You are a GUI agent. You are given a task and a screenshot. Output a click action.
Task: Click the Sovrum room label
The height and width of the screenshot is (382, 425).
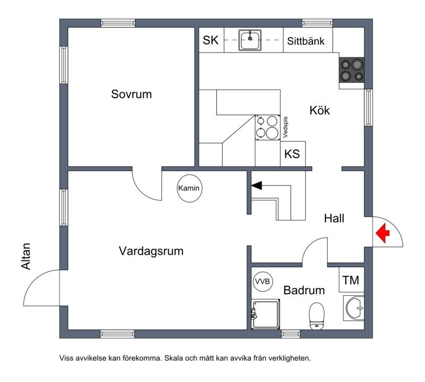pyautogui.click(x=131, y=95)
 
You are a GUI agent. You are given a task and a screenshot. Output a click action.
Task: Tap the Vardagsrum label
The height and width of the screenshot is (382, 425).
pyautogui.click(x=151, y=251)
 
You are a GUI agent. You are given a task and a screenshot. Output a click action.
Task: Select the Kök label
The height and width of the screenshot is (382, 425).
pyautogui.click(x=320, y=111)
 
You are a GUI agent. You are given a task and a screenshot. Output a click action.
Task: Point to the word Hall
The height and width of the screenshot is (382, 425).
pyautogui.click(x=335, y=218)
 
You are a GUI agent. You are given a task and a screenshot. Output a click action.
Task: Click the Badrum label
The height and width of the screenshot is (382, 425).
pyautogui.click(x=304, y=291)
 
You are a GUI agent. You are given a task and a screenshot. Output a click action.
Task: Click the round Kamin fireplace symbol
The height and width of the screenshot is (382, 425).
pyautogui.click(x=190, y=189)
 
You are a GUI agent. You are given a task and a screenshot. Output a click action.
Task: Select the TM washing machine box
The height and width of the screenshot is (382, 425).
pyautogui.click(x=351, y=281)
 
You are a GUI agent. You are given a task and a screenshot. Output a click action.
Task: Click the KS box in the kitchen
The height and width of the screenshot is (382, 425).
pyautogui.click(x=292, y=155)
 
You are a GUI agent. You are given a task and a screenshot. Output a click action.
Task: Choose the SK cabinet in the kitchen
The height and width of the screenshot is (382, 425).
pyautogui.click(x=211, y=41)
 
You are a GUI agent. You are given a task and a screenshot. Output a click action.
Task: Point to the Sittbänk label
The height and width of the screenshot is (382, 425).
pyautogui.click(x=310, y=41)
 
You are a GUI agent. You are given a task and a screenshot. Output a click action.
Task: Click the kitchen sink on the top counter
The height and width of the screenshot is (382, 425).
pyautogui.click(x=249, y=40)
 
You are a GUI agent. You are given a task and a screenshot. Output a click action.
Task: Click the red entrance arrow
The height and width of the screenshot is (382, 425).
pyautogui.click(x=382, y=233)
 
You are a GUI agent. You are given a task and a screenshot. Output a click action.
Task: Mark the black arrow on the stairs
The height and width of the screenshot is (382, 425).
pyautogui.click(x=257, y=185)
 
